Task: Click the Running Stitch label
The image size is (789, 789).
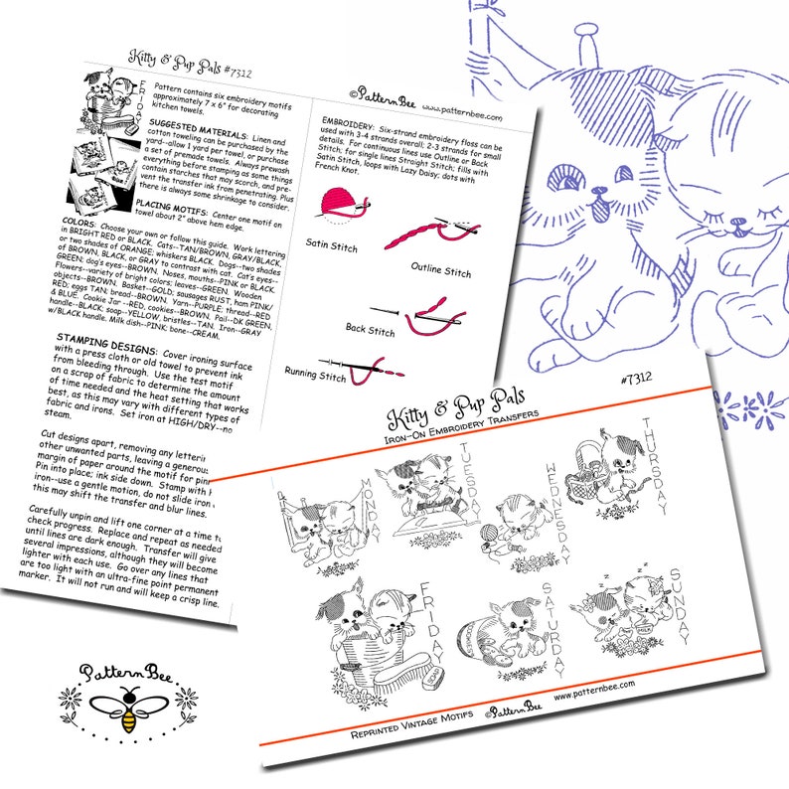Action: pyautogui.click(x=315, y=376)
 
